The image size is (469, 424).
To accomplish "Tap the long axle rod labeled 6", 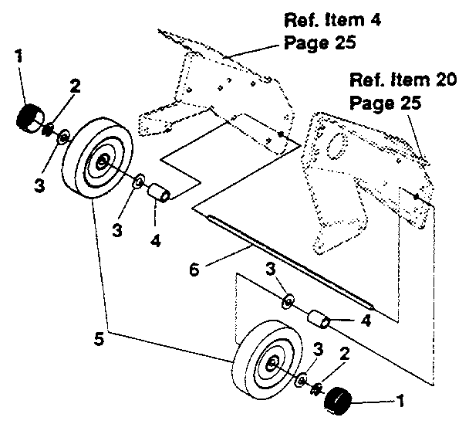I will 293,259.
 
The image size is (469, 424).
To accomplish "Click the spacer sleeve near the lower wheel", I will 315,317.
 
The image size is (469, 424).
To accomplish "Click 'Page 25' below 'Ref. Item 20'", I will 385,103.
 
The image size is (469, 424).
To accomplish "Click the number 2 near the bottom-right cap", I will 345,354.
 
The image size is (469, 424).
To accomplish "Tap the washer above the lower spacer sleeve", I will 287,300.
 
